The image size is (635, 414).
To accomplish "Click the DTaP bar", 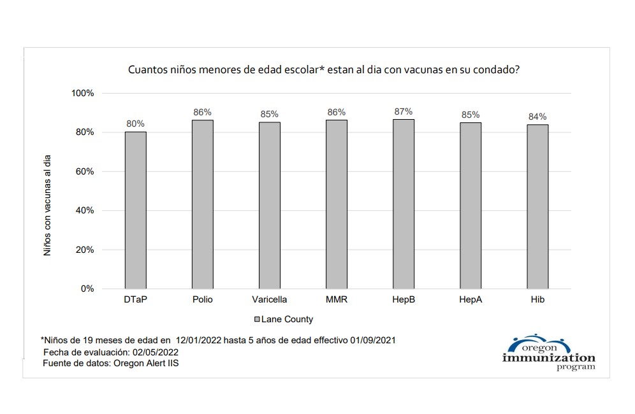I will tap(135, 210).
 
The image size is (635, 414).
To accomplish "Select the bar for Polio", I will tap(202, 204).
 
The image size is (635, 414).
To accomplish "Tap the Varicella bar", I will tap(269, 205).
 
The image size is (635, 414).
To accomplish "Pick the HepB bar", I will tap(403, 204).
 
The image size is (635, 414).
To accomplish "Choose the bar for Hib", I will tap(537, 206).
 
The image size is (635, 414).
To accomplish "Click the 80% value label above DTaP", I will tap(135, 124).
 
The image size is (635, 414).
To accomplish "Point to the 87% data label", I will tap(403, 111).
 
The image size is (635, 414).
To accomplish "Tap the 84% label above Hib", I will tap(537, 117).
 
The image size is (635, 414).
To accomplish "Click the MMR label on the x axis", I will tap(336, 299).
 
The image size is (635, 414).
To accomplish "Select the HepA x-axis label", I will tap(470, 299).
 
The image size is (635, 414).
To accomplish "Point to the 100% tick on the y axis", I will tap(82, 93).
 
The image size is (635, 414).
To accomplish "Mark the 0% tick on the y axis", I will tap(87, 289).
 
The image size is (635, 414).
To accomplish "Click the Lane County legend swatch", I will tap(257, 319).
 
